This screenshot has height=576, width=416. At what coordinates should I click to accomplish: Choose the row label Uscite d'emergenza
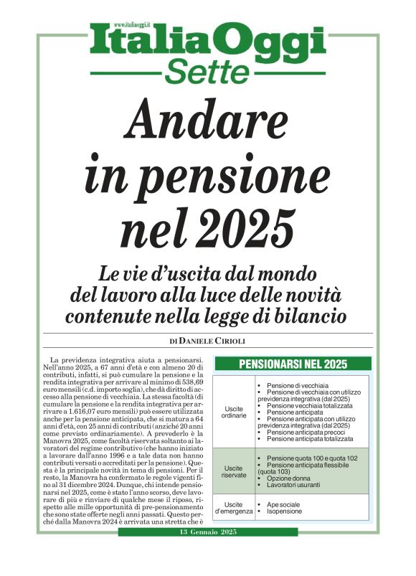(236, 509)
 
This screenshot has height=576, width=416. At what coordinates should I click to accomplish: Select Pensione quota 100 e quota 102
(309, 457)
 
